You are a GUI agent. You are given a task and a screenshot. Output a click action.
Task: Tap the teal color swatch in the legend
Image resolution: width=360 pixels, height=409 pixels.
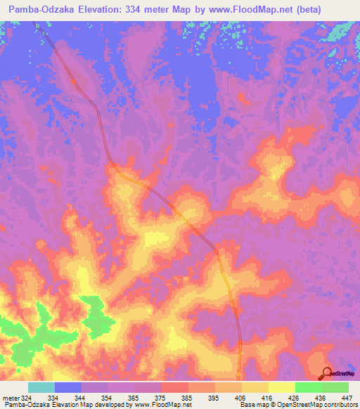(41, 387)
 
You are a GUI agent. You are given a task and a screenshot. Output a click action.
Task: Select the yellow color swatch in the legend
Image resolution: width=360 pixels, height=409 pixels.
(281, 387)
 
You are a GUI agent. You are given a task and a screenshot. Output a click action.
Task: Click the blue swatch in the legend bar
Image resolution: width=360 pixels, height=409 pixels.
(68, 387)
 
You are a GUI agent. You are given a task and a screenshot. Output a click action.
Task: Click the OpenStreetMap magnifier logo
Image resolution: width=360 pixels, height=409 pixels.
(327, 373)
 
